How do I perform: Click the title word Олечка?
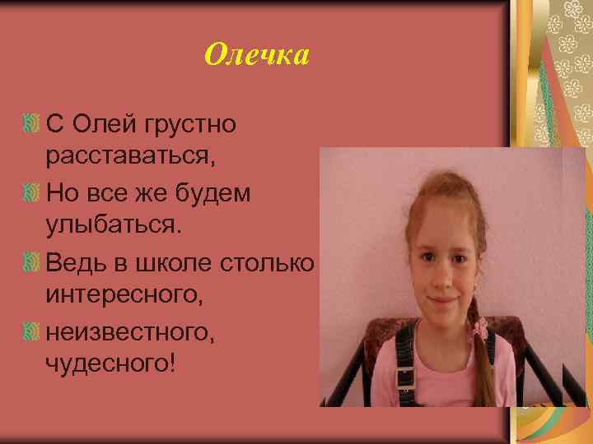point(256,55)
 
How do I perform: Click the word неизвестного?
point(127,330)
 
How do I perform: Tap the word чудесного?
point(110,362)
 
